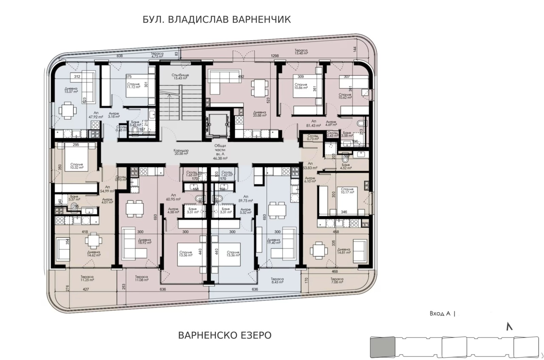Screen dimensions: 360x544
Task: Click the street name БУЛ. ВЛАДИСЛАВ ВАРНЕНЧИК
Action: [217, 19]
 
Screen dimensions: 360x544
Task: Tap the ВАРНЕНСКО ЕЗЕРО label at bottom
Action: [225, 335]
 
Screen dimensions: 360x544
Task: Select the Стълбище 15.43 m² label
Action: [181, 77]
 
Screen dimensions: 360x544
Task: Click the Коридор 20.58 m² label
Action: [181, 152]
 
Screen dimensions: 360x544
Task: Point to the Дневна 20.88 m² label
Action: [260, 114]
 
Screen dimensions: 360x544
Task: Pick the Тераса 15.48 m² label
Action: [301, 52]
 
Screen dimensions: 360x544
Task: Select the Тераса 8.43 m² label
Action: [277, 281]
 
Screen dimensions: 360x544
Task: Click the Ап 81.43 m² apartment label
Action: [313, 123]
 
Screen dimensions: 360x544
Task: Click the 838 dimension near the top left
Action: [120, 56]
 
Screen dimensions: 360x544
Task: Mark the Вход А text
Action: [440, 314]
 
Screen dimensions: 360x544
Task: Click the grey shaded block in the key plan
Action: [382, 346]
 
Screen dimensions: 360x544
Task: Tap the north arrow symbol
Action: [509, 326]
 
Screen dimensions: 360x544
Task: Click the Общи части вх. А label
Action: [220, 152]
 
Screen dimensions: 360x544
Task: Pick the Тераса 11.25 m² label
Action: [87, 278]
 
